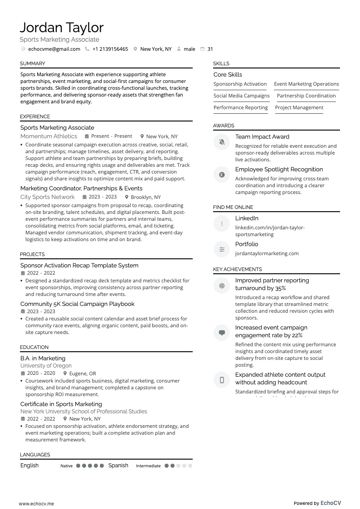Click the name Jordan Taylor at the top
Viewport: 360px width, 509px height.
tap(62, 28)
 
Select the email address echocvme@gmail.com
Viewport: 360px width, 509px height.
tap(54, 49)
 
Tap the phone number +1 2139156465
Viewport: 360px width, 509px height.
tap(110, 49)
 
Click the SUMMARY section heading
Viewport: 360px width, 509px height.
tap(33, 63)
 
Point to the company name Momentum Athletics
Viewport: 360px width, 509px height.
tap(49, 136)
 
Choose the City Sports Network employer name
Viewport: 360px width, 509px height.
tap(47, 197)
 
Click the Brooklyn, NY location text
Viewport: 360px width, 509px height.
tap(146, 197)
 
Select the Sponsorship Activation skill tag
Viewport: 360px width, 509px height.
tap(240, 84)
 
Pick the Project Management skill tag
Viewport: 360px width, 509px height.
tap(299, 107)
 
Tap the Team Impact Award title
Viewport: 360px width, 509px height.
tap(262, 136)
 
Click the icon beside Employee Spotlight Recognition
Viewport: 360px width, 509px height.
tap(222, 175)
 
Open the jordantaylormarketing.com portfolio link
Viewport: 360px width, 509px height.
tap(267, 253)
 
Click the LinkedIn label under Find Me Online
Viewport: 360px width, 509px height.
tap(247, 218)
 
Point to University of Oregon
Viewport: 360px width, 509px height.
tap(46, 366)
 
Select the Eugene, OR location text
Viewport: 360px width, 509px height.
tap(83, 373)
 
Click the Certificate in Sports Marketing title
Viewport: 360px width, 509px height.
tap(61, 404)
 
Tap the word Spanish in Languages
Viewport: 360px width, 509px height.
tap(118, 465)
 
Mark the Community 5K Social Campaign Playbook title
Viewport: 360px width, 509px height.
tap(78, 304)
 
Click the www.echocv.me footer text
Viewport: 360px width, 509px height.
tap(36, 504)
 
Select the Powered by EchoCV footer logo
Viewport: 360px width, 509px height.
tap(317, 503)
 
